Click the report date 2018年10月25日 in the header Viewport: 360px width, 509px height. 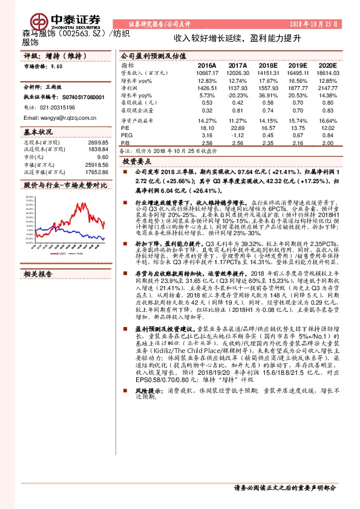(x=321, y=23)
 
